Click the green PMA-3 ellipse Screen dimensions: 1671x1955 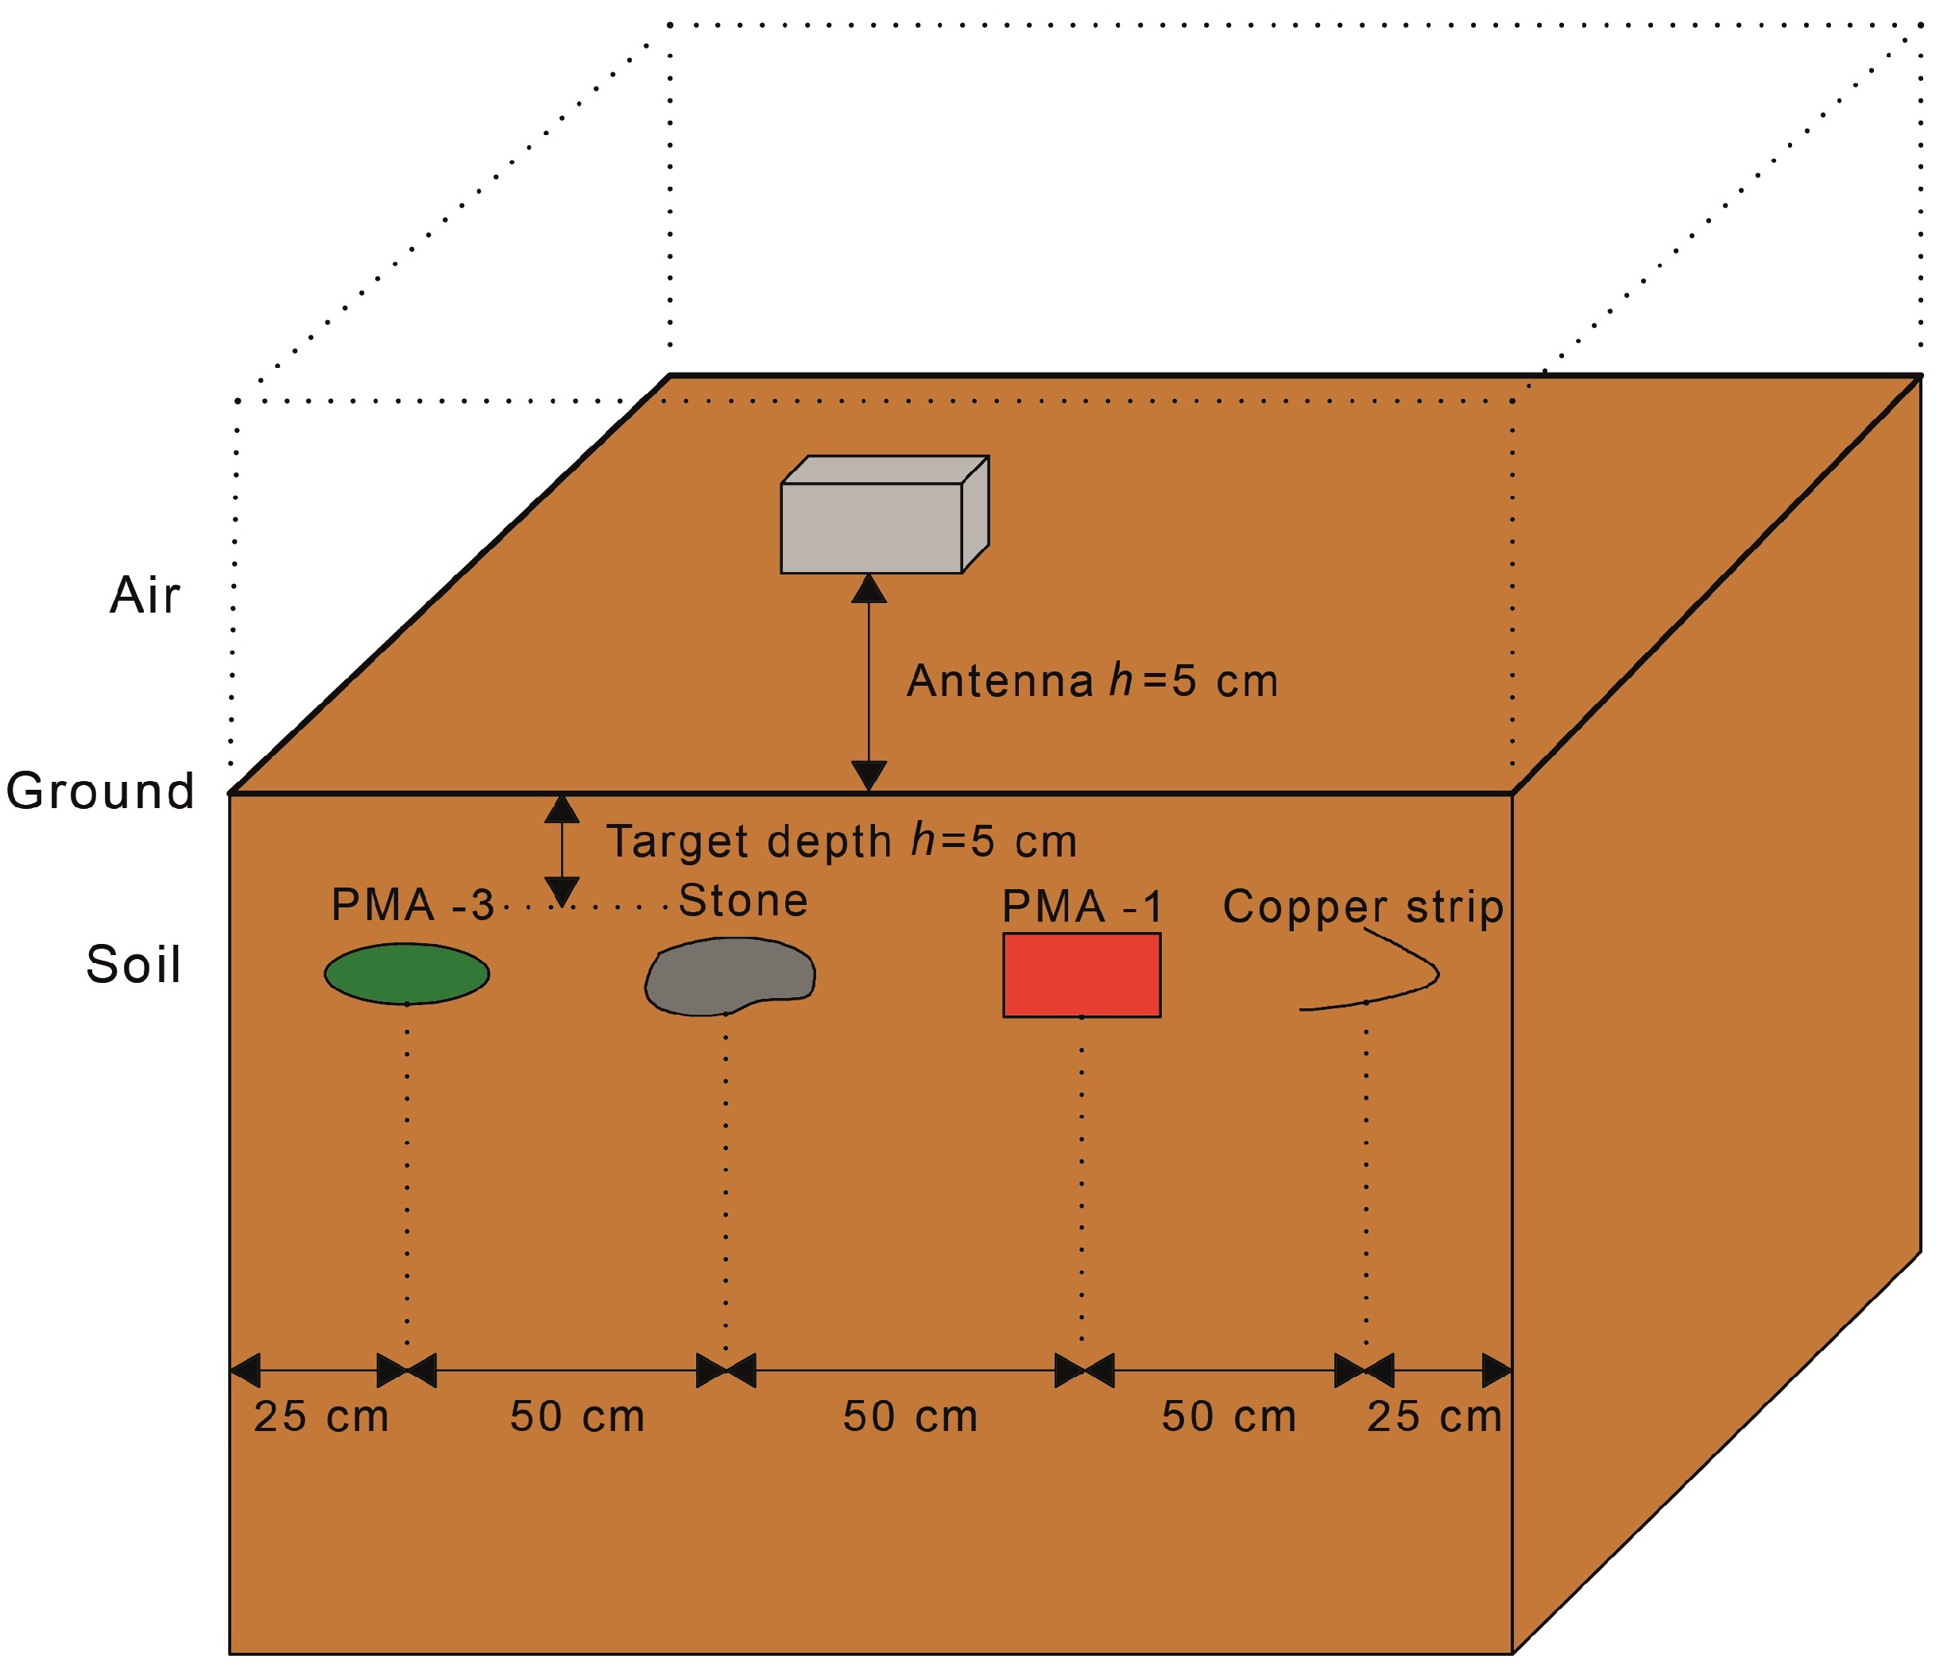click(407, 973)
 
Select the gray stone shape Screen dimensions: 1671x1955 click(730, 976)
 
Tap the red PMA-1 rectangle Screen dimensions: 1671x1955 click(1082, 975)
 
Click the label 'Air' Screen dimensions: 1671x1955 click(145, 595)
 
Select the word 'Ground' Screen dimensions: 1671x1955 click(100, 791)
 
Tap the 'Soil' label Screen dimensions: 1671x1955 click(133, 965)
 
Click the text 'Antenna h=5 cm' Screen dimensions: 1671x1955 click(1092, 680)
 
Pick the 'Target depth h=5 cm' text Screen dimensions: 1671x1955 click(841, 841)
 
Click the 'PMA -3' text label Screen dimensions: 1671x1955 click(412, 905)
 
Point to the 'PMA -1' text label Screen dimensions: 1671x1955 click(1082, 907)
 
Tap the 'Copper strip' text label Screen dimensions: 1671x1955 click(1362, 907)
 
